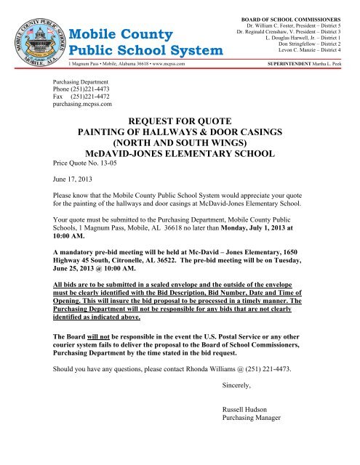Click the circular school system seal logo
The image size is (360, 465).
point(37,34)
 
